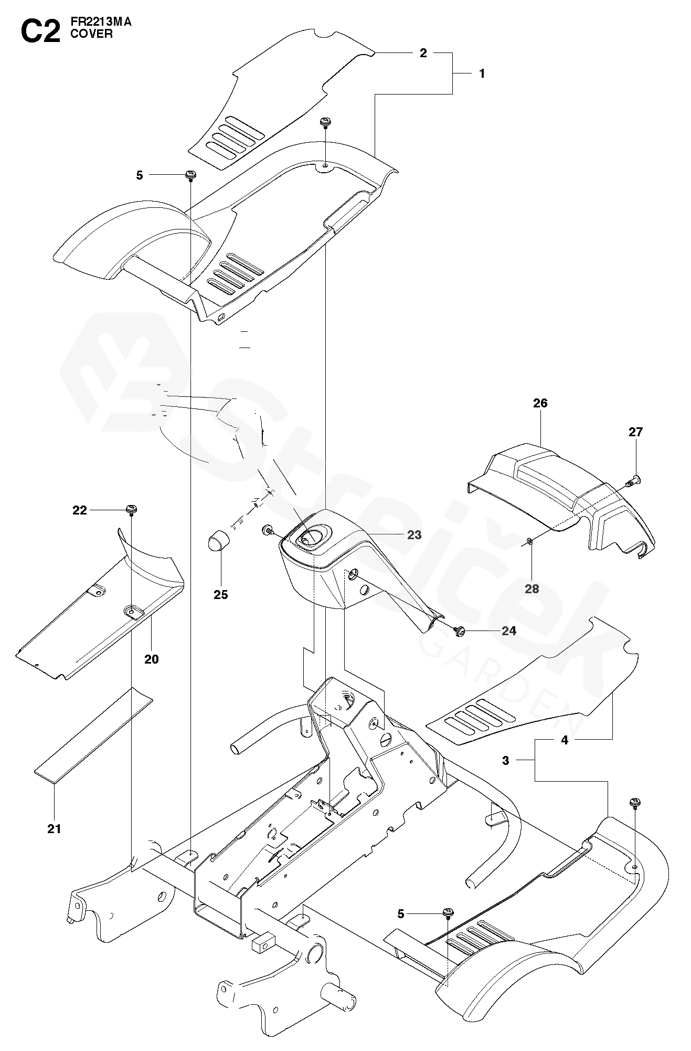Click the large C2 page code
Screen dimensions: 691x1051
(x=40, y=31)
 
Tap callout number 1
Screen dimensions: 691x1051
(x=482, y=73)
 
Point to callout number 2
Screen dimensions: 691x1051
(x=423, y=53)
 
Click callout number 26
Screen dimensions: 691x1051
(x=540, y=403)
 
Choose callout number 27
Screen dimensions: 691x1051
(x=635, y=432)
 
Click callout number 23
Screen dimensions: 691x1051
(x=414, y=534)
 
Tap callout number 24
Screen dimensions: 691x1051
(x=508, y=630)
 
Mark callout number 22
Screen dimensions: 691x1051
(x=80, y=510)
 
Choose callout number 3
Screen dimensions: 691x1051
(x=505, y=760)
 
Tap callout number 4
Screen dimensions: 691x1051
(x=565, y=740)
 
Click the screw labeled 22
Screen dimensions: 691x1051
(x=131, y=509)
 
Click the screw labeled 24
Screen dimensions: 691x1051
(x=461, y=630)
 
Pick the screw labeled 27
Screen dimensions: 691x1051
(x=634, y=479)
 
